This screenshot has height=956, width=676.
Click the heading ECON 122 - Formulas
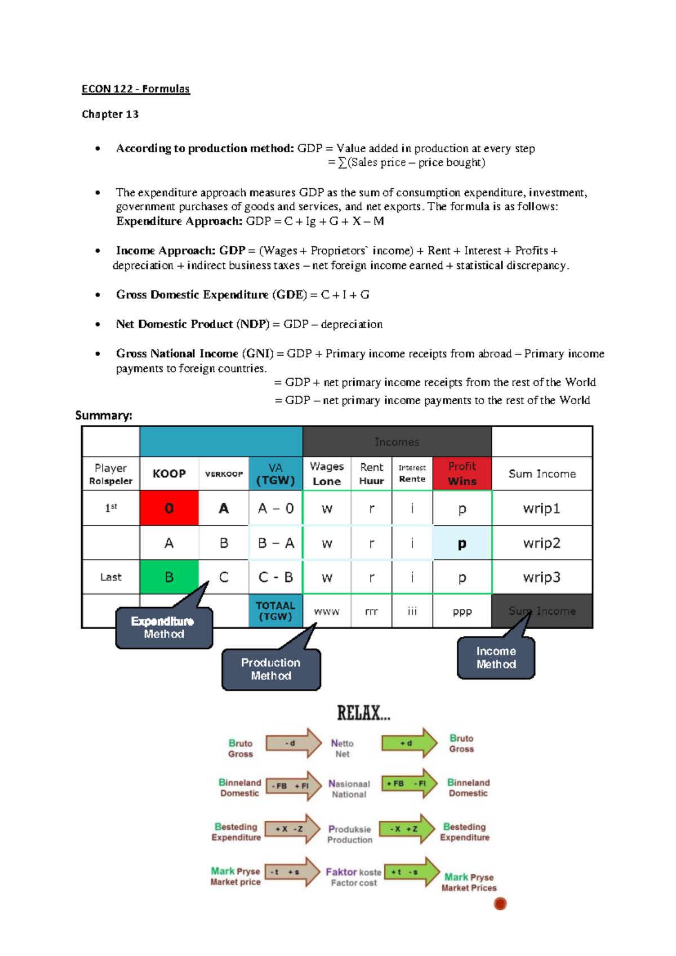(x=136, y=89)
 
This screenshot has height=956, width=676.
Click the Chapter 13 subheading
(x=110, y=114)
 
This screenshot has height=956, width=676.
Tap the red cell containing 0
(x=169, y=508)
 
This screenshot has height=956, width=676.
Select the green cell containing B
(x=169, y=577)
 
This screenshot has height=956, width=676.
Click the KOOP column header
(x=169, y=473)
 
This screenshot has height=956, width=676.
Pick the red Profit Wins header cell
(x=462, y=473)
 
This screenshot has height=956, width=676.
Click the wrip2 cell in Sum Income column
(x=541, y=543)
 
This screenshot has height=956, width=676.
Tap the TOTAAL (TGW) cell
(x=275, y=611)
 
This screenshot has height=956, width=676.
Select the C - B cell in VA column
(x=275, y=577)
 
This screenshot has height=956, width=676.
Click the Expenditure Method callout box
(x=164, y=627)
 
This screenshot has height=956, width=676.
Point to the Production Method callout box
(x=271, y=669)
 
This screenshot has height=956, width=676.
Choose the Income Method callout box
(x=496, y=658)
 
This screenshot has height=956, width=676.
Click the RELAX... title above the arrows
(x=363, y=713)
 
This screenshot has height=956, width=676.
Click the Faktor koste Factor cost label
(x=353, y=877)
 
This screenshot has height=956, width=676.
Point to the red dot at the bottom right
(x=500, y=904)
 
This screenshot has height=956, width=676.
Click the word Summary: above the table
(x=104, y=415)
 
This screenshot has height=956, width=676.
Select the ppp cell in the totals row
(x=462, y=611)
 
